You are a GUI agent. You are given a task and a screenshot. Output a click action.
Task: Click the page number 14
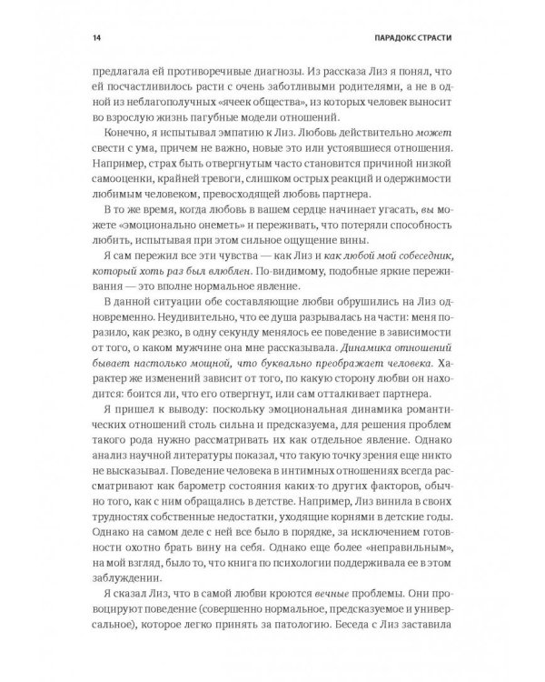[x=84, y=38]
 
